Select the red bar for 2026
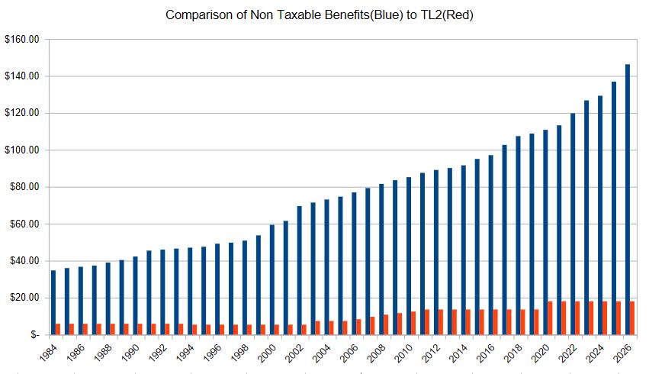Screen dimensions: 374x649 pyautogui.click(x=632, y=318)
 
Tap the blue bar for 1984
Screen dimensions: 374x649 pyautogui.click(x=53, y=302)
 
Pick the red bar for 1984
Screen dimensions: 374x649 pyautogui.click(x=58, y=329)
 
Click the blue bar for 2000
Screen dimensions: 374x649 pyautogui.click(x=271, y=279)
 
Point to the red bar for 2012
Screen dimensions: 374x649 pyautogui.click(x=441, y=321)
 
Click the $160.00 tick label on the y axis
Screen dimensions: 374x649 pyautogui.click(x=21, y=40)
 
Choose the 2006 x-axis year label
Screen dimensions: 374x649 pyautogui.click(x=348, y=352)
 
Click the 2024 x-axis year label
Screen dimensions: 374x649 pyautogui.click(x=594, y=352)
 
